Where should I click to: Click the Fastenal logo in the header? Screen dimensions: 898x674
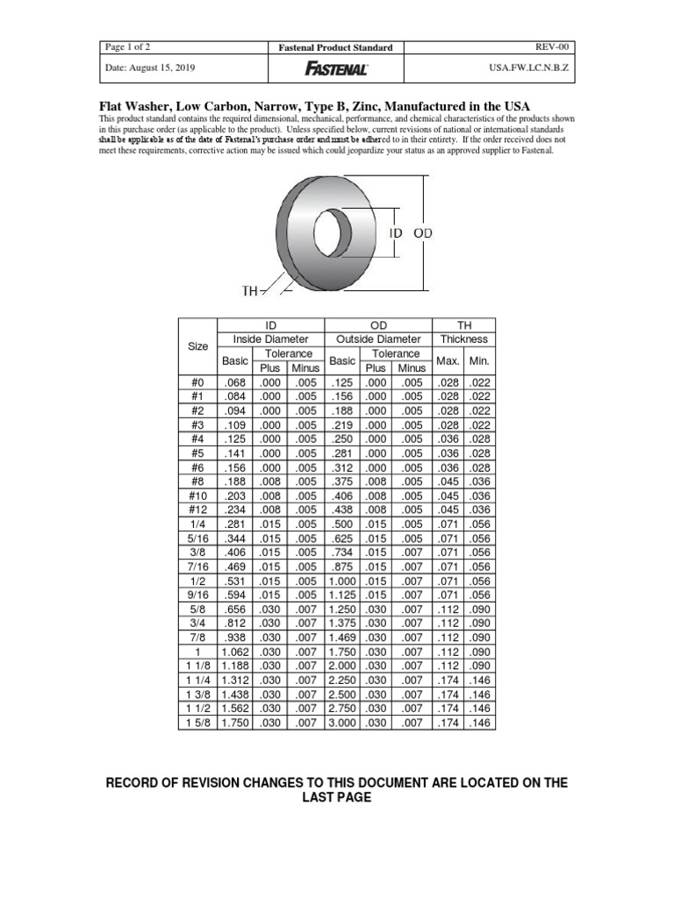click(336, 68)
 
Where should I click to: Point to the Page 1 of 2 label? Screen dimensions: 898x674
click(127, 46)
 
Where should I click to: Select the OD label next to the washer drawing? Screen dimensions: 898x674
click(423, 232)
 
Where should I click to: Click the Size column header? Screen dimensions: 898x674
click(198, 346)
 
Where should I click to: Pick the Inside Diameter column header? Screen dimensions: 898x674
click(270, 339)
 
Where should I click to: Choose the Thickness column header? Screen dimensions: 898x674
click(464, 339)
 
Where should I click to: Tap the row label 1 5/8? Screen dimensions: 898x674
click(197, 722)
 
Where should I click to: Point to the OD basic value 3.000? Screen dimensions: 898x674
click(342, 722)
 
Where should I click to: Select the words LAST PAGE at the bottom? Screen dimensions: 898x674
click(336, 797)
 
